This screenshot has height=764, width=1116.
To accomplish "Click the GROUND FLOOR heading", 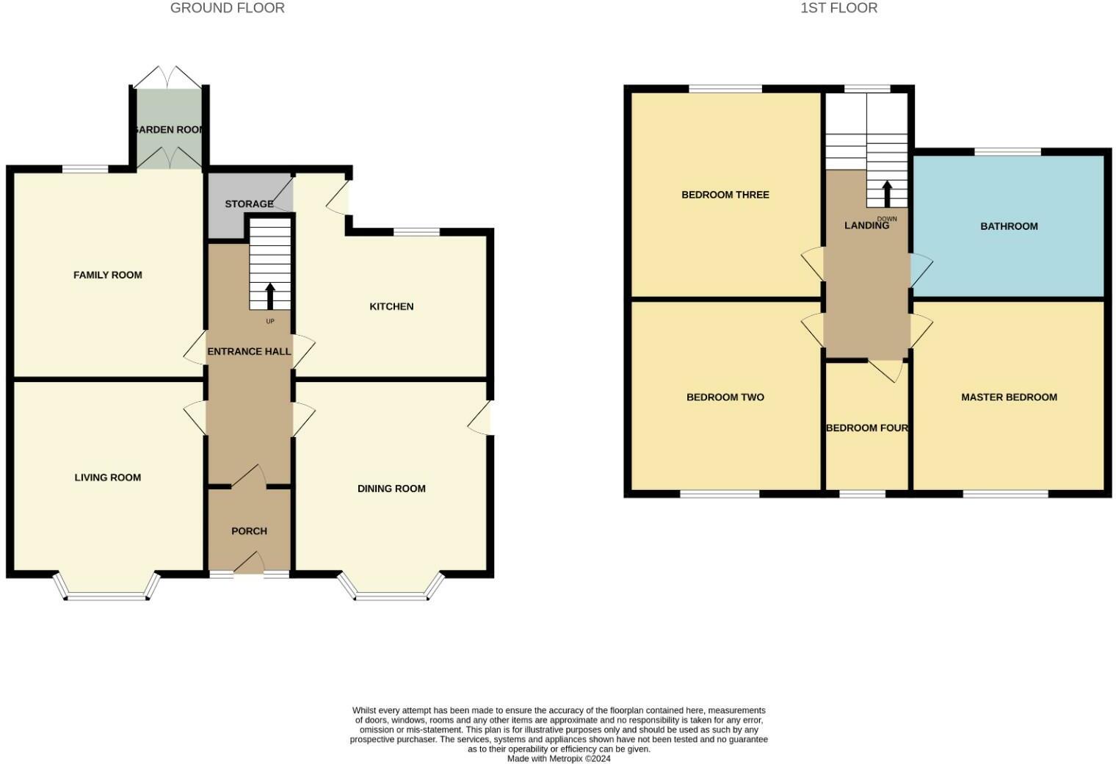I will (x=227, y=8).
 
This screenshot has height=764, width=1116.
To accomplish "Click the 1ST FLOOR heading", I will (x=838, y=8).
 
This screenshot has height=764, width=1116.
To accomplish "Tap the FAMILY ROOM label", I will (x=107, y=275).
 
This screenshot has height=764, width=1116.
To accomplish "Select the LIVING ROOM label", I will (x=107, y=478).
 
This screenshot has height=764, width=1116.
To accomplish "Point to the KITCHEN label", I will (x=391, y=306).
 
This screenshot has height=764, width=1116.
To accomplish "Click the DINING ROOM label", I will (x=391, y=489).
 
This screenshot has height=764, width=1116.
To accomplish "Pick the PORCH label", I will (x=249, y=531).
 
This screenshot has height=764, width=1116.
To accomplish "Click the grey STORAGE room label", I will (x=249, y=203).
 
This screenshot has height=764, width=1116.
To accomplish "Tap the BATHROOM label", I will (x=1009, y=226).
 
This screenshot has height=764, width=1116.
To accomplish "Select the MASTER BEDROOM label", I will (x=1009, y=397).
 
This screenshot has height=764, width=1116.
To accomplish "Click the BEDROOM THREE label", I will (x=725, y=195).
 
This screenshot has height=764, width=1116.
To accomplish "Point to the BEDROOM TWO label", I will (x=725, y=397).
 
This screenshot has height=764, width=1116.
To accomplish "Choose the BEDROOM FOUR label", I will (x=867, y=428).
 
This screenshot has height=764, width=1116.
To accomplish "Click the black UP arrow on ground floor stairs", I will (x=269, y=296).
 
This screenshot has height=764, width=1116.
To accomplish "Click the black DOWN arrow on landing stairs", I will (x=886, y=194).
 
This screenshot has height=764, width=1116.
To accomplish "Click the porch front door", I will (x=250, y=566).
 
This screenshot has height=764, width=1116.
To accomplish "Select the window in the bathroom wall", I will (x=1007, y=152).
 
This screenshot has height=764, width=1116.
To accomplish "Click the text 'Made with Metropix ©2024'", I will (x=559, y=759).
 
